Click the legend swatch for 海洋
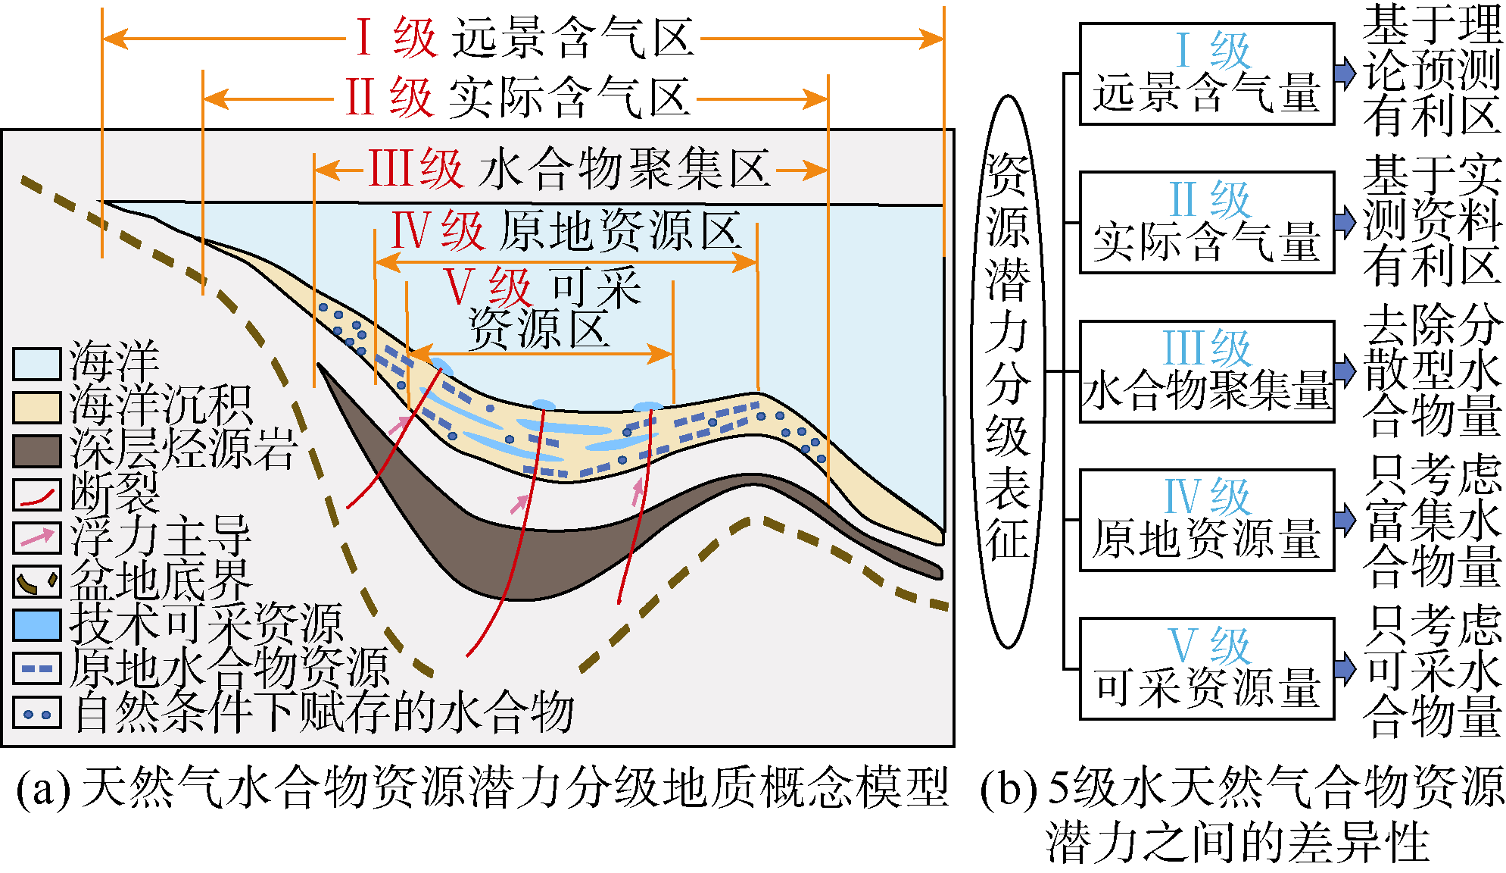(36, 364)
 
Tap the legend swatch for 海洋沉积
(36, 408)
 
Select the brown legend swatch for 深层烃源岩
(36, 451)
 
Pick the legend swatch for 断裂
(36, 494)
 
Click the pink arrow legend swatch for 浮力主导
(36, 537)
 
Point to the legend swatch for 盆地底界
(36, 581)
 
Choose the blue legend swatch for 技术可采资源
(36, 625)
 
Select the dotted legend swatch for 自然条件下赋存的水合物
(36, 713)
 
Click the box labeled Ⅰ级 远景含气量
(1205, 74)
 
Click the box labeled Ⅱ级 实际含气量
(1205, 222)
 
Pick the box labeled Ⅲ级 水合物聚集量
(1205, 371)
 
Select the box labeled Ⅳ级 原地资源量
(1205, 520)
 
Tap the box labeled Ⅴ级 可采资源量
(1205, 668)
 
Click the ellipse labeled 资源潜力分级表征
(1008, 371)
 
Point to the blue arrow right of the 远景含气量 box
(1345, 74)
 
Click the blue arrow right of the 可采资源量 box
(1345, 668)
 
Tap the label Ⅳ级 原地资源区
(566, 230)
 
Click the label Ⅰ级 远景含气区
(525, 38)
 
